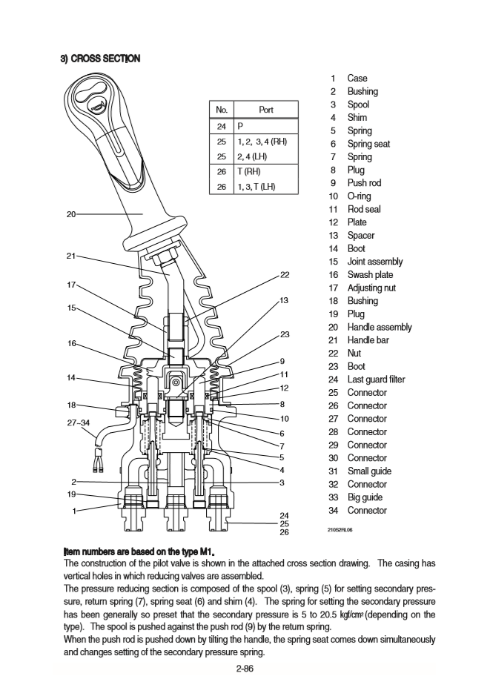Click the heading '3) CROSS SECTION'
click(100, 59)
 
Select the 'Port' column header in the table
click(265, 110)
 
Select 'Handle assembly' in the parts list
click(380, 328)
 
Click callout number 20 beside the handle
click(71, 214)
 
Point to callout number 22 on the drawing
click(285, 276)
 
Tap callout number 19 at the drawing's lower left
click(71, 494)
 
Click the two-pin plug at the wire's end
click(97, 465)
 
